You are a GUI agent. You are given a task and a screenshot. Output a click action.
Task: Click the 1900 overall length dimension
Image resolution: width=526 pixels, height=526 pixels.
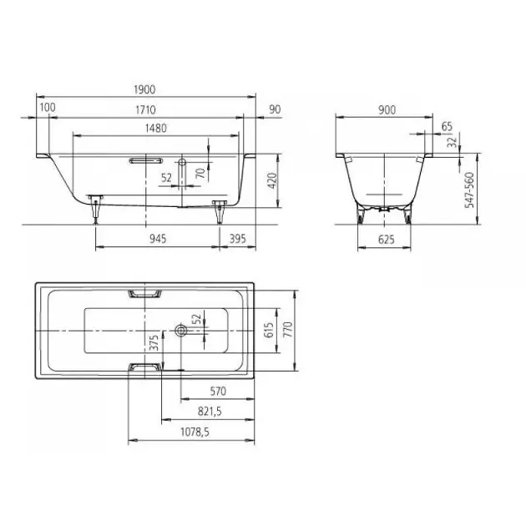[x=144, y=89]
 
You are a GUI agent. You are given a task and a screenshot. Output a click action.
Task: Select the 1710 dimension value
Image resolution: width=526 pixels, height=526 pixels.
[x=145, y=109]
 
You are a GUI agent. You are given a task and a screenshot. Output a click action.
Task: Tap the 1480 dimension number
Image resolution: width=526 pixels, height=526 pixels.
[x=156, y=128]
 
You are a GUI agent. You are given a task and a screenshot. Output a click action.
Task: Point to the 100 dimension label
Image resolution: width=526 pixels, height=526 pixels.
[x=48, y=108]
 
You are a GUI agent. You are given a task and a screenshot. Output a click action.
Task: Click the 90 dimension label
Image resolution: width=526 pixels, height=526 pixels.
[x=275, y=109]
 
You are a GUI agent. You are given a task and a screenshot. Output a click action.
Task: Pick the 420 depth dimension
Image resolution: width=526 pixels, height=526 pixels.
[x=273, y=180]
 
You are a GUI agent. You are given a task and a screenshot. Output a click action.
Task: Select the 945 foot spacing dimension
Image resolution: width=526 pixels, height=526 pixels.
[x=158, y=239]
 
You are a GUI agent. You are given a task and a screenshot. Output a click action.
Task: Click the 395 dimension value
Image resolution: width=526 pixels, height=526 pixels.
[x=237, y=239]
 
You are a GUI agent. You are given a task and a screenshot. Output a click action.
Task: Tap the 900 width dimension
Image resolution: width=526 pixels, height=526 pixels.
[x=387, y=110]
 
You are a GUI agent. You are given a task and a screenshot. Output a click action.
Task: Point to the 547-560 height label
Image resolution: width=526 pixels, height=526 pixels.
[x=469, y=190]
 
